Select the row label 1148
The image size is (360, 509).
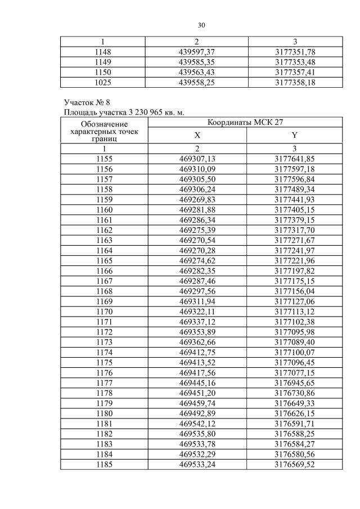pos(104,52)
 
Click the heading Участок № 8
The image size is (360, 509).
pos(88,102)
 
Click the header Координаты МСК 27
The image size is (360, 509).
pos(245,122)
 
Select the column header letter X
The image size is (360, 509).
pos(197,135)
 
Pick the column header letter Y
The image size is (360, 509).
pos(295,135)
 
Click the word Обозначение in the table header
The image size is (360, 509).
pos(104,124)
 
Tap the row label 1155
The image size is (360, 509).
pos(104,159)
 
